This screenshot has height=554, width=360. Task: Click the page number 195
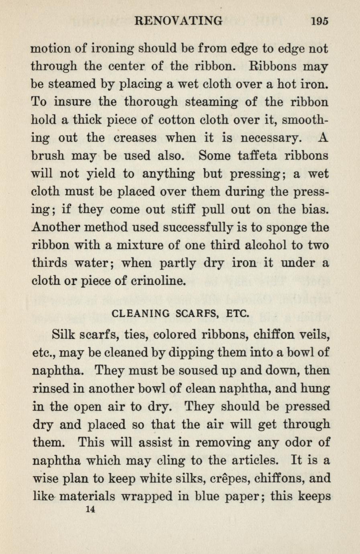pos(319,20)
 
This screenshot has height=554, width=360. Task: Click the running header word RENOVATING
pos(179,20)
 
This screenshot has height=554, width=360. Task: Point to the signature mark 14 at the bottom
pos(90,509)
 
